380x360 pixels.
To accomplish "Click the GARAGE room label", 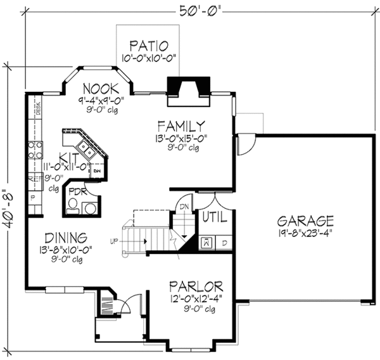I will [x=305, y=221].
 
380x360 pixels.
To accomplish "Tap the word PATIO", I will [x=149, y=46].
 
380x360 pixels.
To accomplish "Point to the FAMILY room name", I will [x=181, y=125].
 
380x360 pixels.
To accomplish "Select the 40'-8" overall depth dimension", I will [x=9, y=210].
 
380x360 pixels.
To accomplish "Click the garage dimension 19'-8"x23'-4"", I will [x=305, y=233].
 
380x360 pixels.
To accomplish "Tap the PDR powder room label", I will [x=77, y=191].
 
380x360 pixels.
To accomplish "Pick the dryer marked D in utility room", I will [x=224, y=242].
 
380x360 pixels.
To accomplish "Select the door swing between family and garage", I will [x=246, y=145].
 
